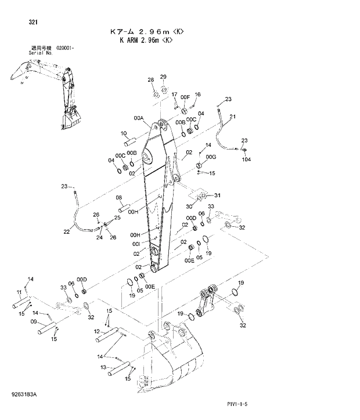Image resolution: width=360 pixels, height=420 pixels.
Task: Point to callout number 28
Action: [x=150, y=79]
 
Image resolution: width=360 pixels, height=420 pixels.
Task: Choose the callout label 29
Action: [x=163, y=77]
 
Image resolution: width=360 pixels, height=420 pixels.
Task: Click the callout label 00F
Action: [x=185, y=97]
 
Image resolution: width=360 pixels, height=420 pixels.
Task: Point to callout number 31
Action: [x=218, y=195]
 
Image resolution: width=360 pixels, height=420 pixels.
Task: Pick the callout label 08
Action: [x=119, y=198]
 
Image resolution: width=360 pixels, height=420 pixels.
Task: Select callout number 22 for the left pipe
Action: [x=67, y=231]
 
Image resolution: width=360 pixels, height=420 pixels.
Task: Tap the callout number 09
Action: [x=34, y=321]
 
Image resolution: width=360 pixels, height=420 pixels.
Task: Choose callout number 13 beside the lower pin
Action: [x=103, y=367]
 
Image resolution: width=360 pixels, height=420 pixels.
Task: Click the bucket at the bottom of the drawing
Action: [x=174, y=360]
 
